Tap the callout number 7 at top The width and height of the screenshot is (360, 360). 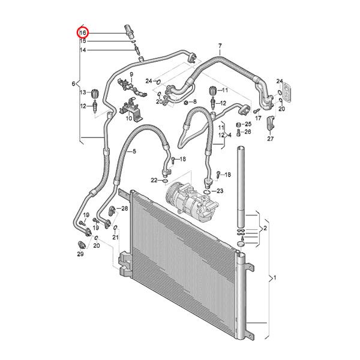coord(220,46)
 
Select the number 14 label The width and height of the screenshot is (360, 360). coord(83,50)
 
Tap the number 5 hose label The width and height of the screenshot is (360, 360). coord(133,152)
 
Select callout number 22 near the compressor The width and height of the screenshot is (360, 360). coord(154,179)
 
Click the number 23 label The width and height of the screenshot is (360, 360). coord(220,191)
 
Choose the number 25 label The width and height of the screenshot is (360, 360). coord(248,124)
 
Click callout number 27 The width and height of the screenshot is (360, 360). coord(270,139)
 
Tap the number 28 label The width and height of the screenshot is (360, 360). coord(124,208)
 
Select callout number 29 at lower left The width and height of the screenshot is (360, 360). coord(80,254)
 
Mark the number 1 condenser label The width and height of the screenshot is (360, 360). coord(274,278)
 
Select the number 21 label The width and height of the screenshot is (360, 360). coord(116,238)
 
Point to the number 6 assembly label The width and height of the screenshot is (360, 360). coord(74,83)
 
